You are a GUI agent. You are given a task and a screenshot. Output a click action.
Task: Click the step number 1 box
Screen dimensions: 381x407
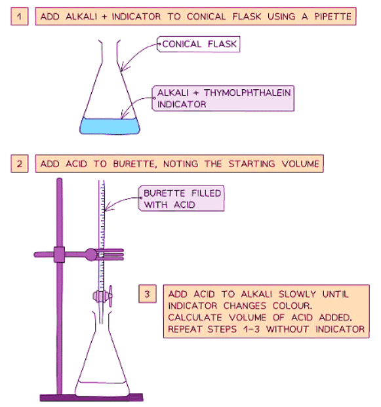20,16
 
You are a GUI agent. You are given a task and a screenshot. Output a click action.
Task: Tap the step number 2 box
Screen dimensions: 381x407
20,164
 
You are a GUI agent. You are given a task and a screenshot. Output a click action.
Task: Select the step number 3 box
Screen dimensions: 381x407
148,294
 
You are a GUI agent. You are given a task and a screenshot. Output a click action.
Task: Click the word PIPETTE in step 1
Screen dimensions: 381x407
332,16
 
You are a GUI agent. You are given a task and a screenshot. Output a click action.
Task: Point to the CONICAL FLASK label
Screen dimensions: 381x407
199,44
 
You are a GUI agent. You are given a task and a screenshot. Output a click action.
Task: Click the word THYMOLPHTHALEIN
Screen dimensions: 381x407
247,92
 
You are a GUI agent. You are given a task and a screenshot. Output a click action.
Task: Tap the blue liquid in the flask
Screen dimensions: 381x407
110,126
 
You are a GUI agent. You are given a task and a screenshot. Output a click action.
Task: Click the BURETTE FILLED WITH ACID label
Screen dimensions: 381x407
182,199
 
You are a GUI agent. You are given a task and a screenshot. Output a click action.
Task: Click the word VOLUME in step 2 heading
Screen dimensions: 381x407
300,164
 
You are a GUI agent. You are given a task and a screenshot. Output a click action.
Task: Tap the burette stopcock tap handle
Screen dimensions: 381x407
110,296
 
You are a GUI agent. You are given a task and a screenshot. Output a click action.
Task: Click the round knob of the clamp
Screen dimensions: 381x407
91,255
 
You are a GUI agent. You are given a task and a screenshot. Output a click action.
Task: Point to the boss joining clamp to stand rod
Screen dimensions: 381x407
59,255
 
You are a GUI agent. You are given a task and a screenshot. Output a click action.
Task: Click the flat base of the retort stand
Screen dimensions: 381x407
91,398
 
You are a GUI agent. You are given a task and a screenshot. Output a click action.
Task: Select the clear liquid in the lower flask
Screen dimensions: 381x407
102,389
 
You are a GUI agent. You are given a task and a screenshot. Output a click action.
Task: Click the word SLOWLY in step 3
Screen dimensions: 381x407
297,294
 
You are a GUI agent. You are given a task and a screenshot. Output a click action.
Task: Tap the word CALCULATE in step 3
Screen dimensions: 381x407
195,317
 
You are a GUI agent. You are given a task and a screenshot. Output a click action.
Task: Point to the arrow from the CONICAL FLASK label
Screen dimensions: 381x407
135,54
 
